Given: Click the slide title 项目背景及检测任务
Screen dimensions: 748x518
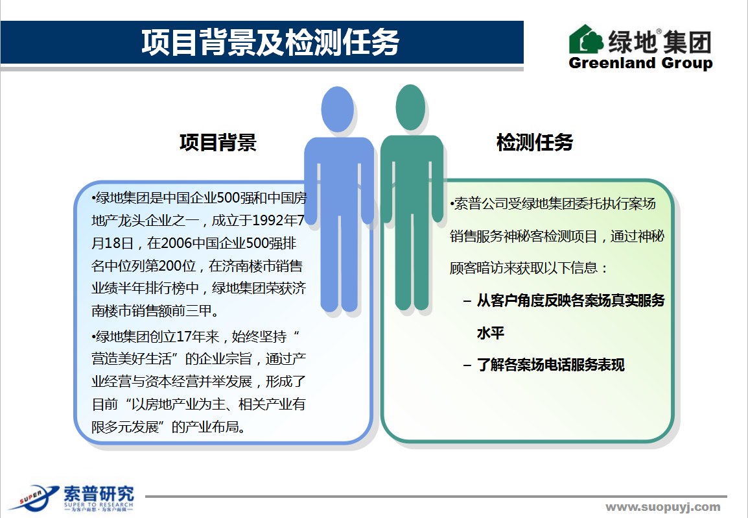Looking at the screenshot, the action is (270, 42).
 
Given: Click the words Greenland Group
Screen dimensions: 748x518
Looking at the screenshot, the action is (640, 63).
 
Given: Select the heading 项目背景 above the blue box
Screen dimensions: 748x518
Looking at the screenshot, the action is (218, 142).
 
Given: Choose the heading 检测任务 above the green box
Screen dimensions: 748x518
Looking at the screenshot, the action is (535, 142).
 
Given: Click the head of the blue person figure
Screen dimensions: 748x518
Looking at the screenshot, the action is (337, 110).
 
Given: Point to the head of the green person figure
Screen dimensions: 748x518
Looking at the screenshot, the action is (410, 108).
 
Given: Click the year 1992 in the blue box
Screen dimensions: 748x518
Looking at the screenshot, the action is (268, 220).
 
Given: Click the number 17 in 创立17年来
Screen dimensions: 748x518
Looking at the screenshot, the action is (184, 336).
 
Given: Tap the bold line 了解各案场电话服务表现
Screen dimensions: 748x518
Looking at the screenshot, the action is (550, 365).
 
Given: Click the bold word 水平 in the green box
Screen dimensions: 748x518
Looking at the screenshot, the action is (491, 332).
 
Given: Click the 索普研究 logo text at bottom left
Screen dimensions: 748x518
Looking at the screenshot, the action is (99, 494).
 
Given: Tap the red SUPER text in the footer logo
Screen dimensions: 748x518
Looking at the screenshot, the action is (30, 497).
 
